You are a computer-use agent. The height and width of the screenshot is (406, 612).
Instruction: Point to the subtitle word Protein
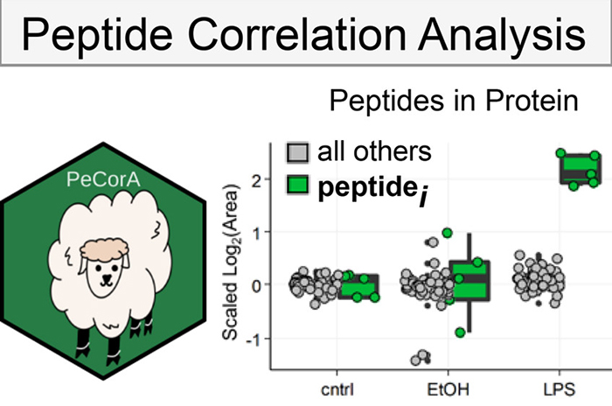point(531,101)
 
